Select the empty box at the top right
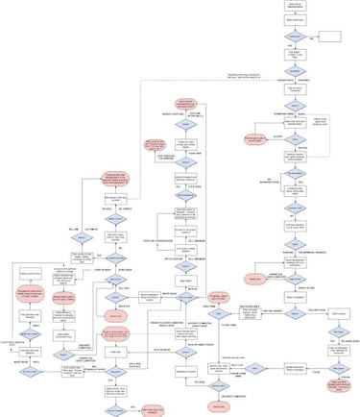coord(331,37)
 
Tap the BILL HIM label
coord(72,228)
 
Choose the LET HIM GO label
coord(91,228)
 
